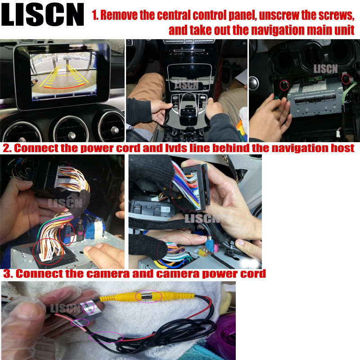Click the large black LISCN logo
[x=42, y=14]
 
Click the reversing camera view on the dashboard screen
[x=63, y=75]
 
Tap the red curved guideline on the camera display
[x=64, y=87]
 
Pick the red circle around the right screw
[x=346, y=78]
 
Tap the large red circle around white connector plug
[x=48, y=252]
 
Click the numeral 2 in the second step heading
[x=7, y=148]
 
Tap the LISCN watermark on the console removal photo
[x=186, y=84]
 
